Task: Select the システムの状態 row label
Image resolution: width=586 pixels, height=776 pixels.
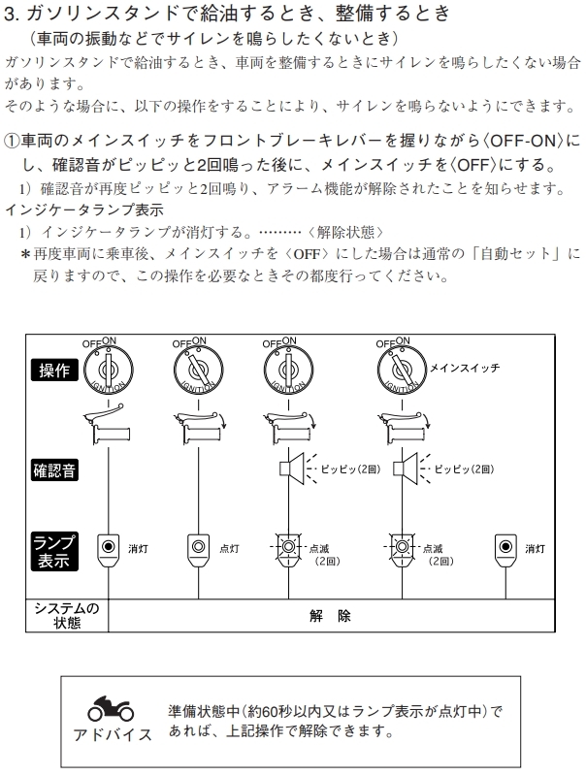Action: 66,616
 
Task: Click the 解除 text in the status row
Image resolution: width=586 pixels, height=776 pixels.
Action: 330,616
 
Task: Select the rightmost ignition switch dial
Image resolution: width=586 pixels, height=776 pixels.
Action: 399,370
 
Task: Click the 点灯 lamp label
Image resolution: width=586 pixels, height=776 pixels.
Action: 230,548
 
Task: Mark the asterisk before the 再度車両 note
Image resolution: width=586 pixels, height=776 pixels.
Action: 25,254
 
